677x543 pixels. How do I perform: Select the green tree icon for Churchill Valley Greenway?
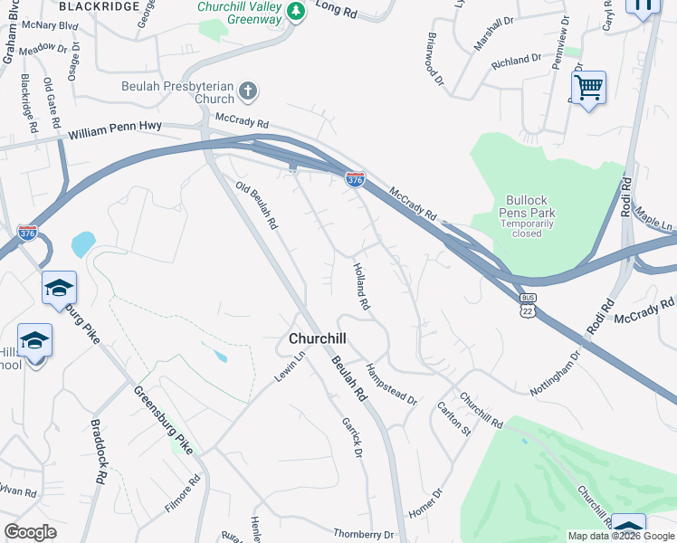click(x=295, y=12)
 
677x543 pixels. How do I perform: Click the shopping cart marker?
click(x=588, y=89)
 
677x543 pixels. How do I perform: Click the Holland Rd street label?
click(x=361, y=287)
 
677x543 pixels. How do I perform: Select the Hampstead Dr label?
click(x=391, y=384)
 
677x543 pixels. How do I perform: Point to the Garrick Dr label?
click(x=352, y=436)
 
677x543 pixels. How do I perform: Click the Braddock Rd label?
click(x=100, y=462)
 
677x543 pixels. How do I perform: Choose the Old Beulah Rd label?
click(x=256, y=205)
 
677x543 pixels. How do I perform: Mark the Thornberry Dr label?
click(x=365, y=534)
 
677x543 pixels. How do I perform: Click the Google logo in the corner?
click(x=31, y=532)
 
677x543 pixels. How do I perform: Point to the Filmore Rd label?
click(x=182, y=493)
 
